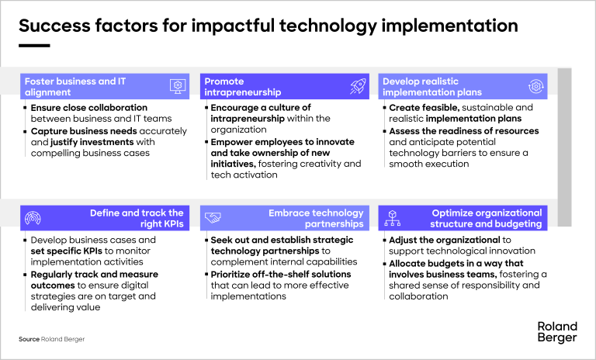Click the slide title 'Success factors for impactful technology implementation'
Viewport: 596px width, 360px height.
pos(268,26)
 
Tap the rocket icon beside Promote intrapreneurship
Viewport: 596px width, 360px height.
pos(358,86)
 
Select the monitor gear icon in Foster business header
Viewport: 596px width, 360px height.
pos(178,86)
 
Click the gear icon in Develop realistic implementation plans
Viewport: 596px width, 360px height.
pos(535,86)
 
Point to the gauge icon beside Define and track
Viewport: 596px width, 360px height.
pos(33,218)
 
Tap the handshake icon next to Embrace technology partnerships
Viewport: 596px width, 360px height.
pos(213,218)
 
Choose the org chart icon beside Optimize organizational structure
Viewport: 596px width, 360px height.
pos(393,218)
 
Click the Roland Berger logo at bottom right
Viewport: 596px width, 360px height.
pos(557,332)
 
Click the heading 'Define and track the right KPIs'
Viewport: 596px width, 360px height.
pos(136,218)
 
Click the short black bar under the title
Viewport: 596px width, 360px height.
pos(34,46)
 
